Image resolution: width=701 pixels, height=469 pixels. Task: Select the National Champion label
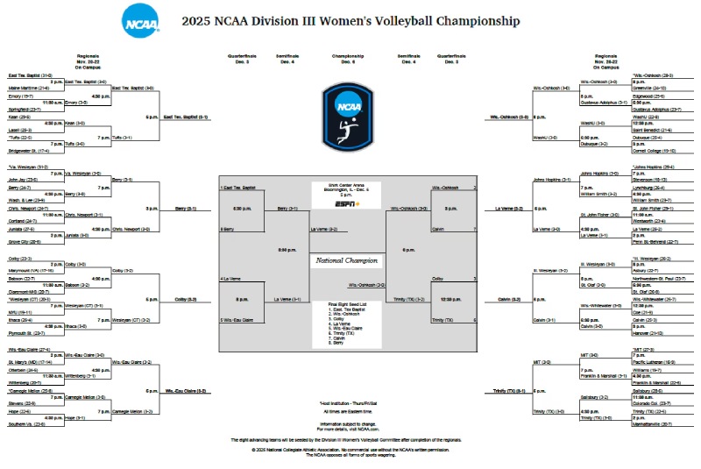pyautogui.click(x=348, y=260)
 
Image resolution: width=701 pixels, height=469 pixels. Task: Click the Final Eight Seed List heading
pyautogui.click(x=348, y=304)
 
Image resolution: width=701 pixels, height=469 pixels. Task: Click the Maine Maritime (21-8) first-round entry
pyautogui.click(x=28, y=88)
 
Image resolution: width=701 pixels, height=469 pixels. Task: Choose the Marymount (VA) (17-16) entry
pyautogui.click(x=33, y=271)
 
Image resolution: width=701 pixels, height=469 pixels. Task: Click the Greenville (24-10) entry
pyautogui.click(x=649, y=88)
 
